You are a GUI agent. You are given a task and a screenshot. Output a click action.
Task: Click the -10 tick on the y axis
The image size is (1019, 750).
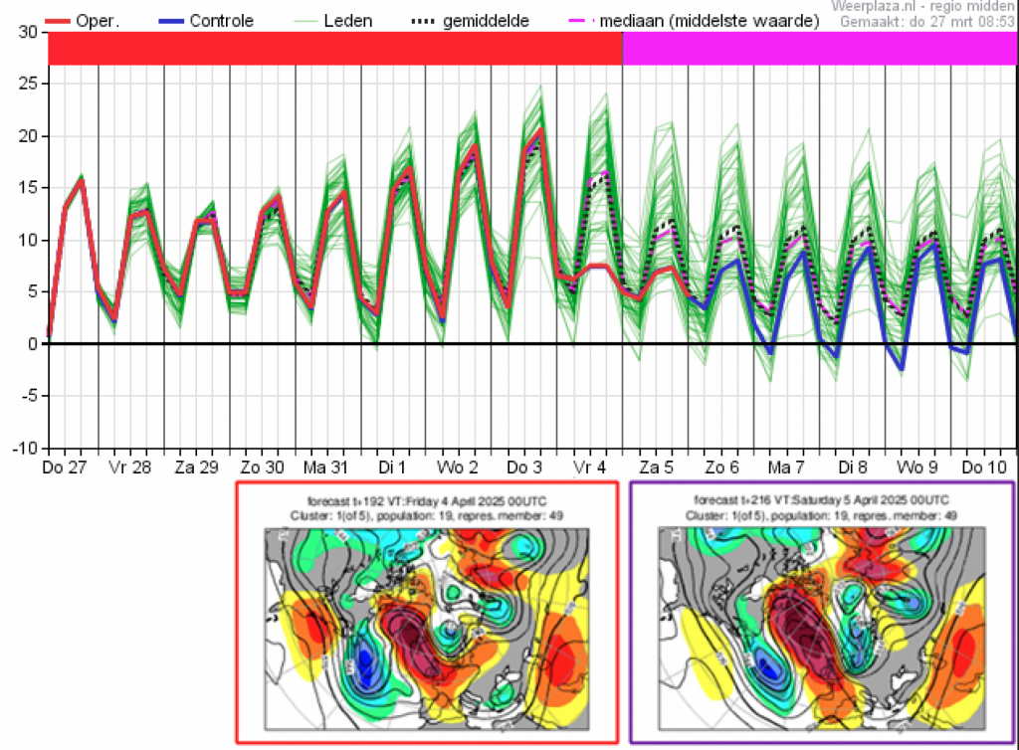tap(27, 448)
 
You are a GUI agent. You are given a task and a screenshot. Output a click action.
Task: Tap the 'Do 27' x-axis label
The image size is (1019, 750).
tap(66, 467)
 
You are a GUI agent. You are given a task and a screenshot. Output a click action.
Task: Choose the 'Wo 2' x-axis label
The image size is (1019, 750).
tap(458, 467)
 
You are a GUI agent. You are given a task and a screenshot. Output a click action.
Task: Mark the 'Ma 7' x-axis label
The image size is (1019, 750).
tap(786, 467)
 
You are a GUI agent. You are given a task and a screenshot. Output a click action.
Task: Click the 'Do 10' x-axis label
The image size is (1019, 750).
tap(981, 467)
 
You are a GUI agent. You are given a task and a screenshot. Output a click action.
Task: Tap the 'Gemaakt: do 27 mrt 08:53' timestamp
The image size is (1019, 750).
tap(926, 21)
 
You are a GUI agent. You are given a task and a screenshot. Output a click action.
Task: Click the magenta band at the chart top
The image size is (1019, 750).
tap(819, 48)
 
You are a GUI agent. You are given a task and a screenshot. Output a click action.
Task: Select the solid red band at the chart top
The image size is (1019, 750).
tap(335, 48)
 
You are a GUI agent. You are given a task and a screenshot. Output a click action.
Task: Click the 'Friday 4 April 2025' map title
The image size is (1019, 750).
tap(428, 499)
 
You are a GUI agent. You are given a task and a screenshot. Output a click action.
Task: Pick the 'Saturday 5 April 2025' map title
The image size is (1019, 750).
tap(821, 499)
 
